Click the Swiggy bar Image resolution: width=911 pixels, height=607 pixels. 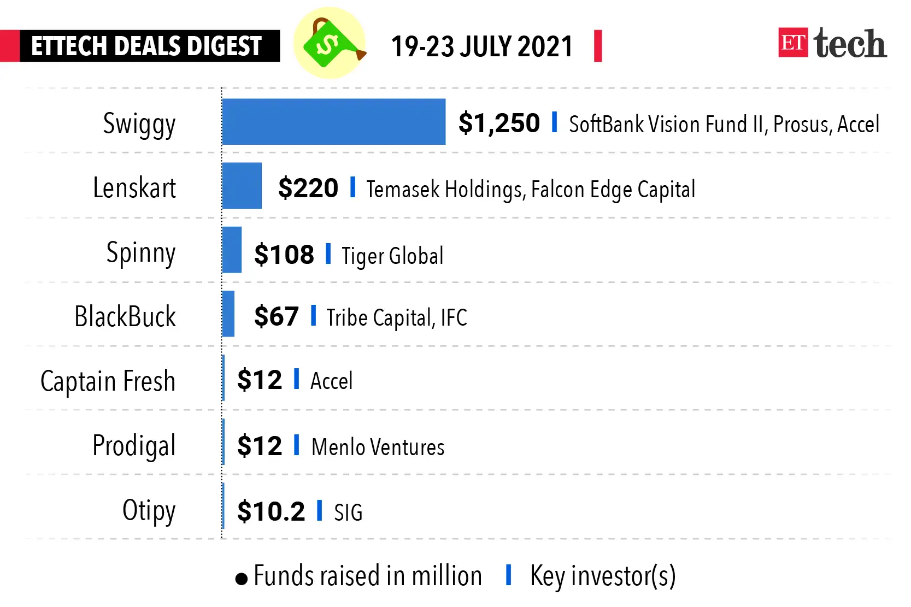pyautogui.click(x=333, y=122)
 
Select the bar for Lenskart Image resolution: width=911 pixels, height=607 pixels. pyautogui.click(x=242, y=186)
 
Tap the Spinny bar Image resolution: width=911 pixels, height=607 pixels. pyautogui.click(x=232, y=250)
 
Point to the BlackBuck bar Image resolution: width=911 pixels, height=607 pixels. pyautogui.click(x=228, y=314)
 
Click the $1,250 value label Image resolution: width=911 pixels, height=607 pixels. pyautogui.click(x=498, y=123)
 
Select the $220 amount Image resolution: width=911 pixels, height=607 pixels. pyautogui.click(x=308, y=188)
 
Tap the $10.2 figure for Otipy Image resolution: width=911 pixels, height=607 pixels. pyautogui.click(x=271, y=511)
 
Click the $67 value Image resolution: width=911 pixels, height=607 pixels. pyautogui.click(x=276, y=316)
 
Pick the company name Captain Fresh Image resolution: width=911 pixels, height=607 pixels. pyautogui.click(x=108, y=381)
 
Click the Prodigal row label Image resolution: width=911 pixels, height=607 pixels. pyautogui.click(x=134, y=445)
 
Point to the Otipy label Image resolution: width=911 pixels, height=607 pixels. pyautogui.click(x=149, y=511)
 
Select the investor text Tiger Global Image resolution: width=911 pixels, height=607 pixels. pyautogui.click(x=392, y=256)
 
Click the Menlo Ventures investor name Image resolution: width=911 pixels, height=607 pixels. pyautogui.click(x=378, y=447)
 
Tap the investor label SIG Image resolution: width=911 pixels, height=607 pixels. pyautogui.click(x=348, y=512)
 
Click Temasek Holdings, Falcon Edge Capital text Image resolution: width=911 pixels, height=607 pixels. pyautogui.click(x=530, y=190)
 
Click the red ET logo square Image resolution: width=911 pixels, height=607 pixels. pyautogui.click(x=792, y=43)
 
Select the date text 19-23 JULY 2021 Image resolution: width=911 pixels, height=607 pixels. pyautogui.click(x=481, y=46)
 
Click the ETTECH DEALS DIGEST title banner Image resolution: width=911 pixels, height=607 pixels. pyautogui.click(x=146, y=46)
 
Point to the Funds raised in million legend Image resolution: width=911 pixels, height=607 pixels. pyautogui.click(x=367, y=576)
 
